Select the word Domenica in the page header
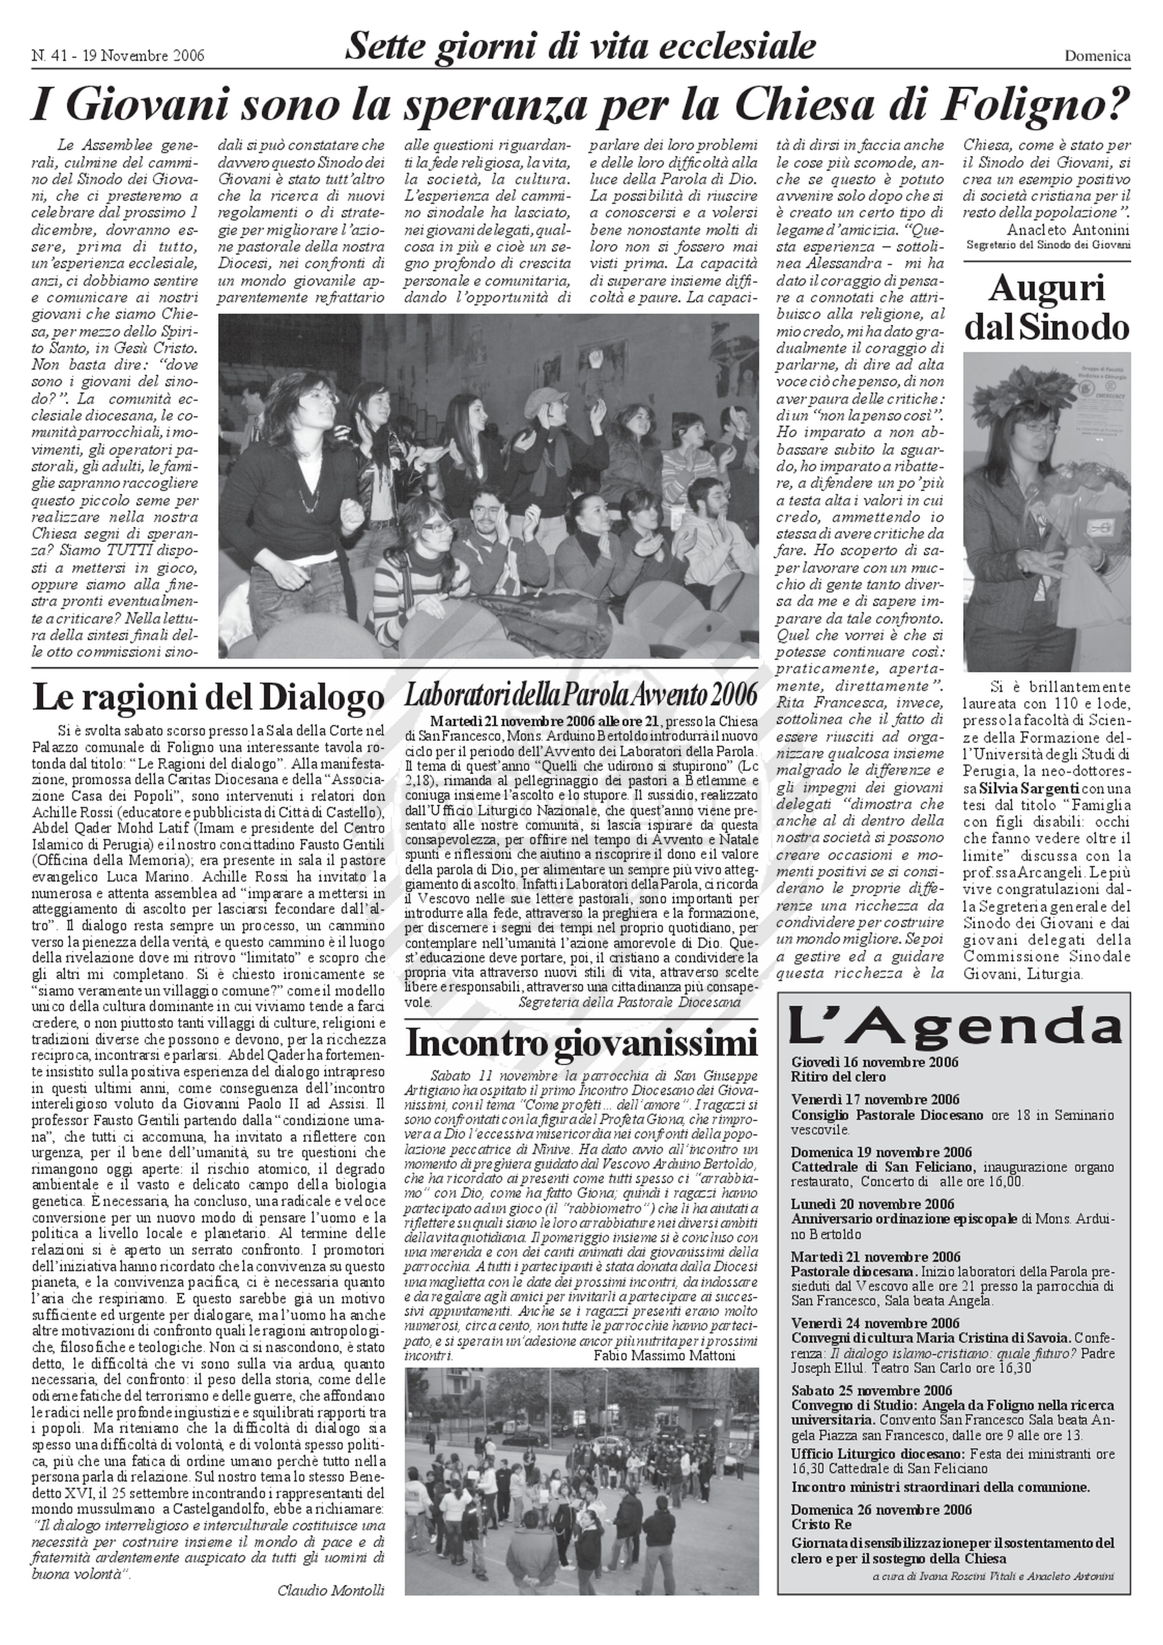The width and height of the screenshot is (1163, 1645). tap(1097, 56)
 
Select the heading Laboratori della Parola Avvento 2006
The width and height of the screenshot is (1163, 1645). tap(581, 694)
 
